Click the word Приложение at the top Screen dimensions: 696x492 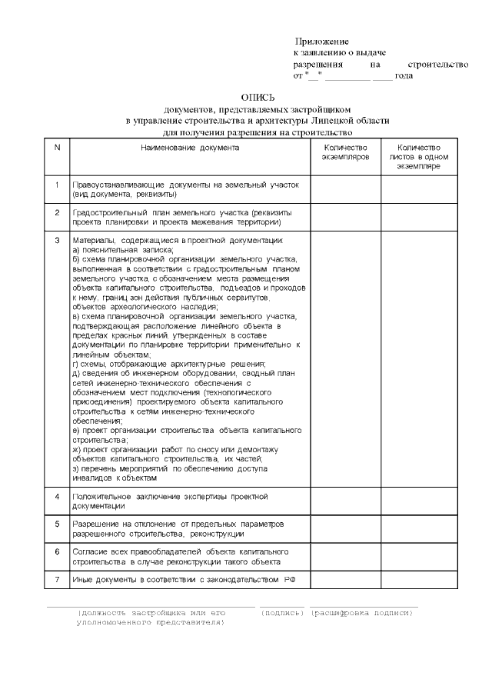click(322, 40)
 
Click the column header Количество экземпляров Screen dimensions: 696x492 click(345, 152)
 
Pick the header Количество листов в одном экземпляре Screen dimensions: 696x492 click(419, 156)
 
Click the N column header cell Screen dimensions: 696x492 click(57, 148)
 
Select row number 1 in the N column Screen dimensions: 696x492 click(57, 185)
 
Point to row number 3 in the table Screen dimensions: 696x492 click(57, 241)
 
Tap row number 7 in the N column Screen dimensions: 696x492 click(57, 578)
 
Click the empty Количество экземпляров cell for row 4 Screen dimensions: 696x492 click(345, 501)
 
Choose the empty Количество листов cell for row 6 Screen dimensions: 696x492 click(419, 556)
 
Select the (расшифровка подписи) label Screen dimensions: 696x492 click(362, 612)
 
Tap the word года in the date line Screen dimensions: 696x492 click(404, 75)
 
